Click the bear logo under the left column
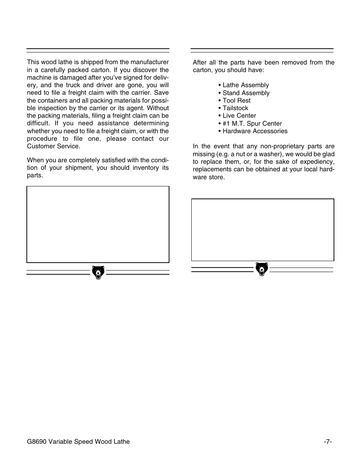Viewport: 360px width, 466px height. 98,272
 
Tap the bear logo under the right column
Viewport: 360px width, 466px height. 262,269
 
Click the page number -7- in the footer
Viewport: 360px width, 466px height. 328,441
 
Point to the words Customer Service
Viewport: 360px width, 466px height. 54,146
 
